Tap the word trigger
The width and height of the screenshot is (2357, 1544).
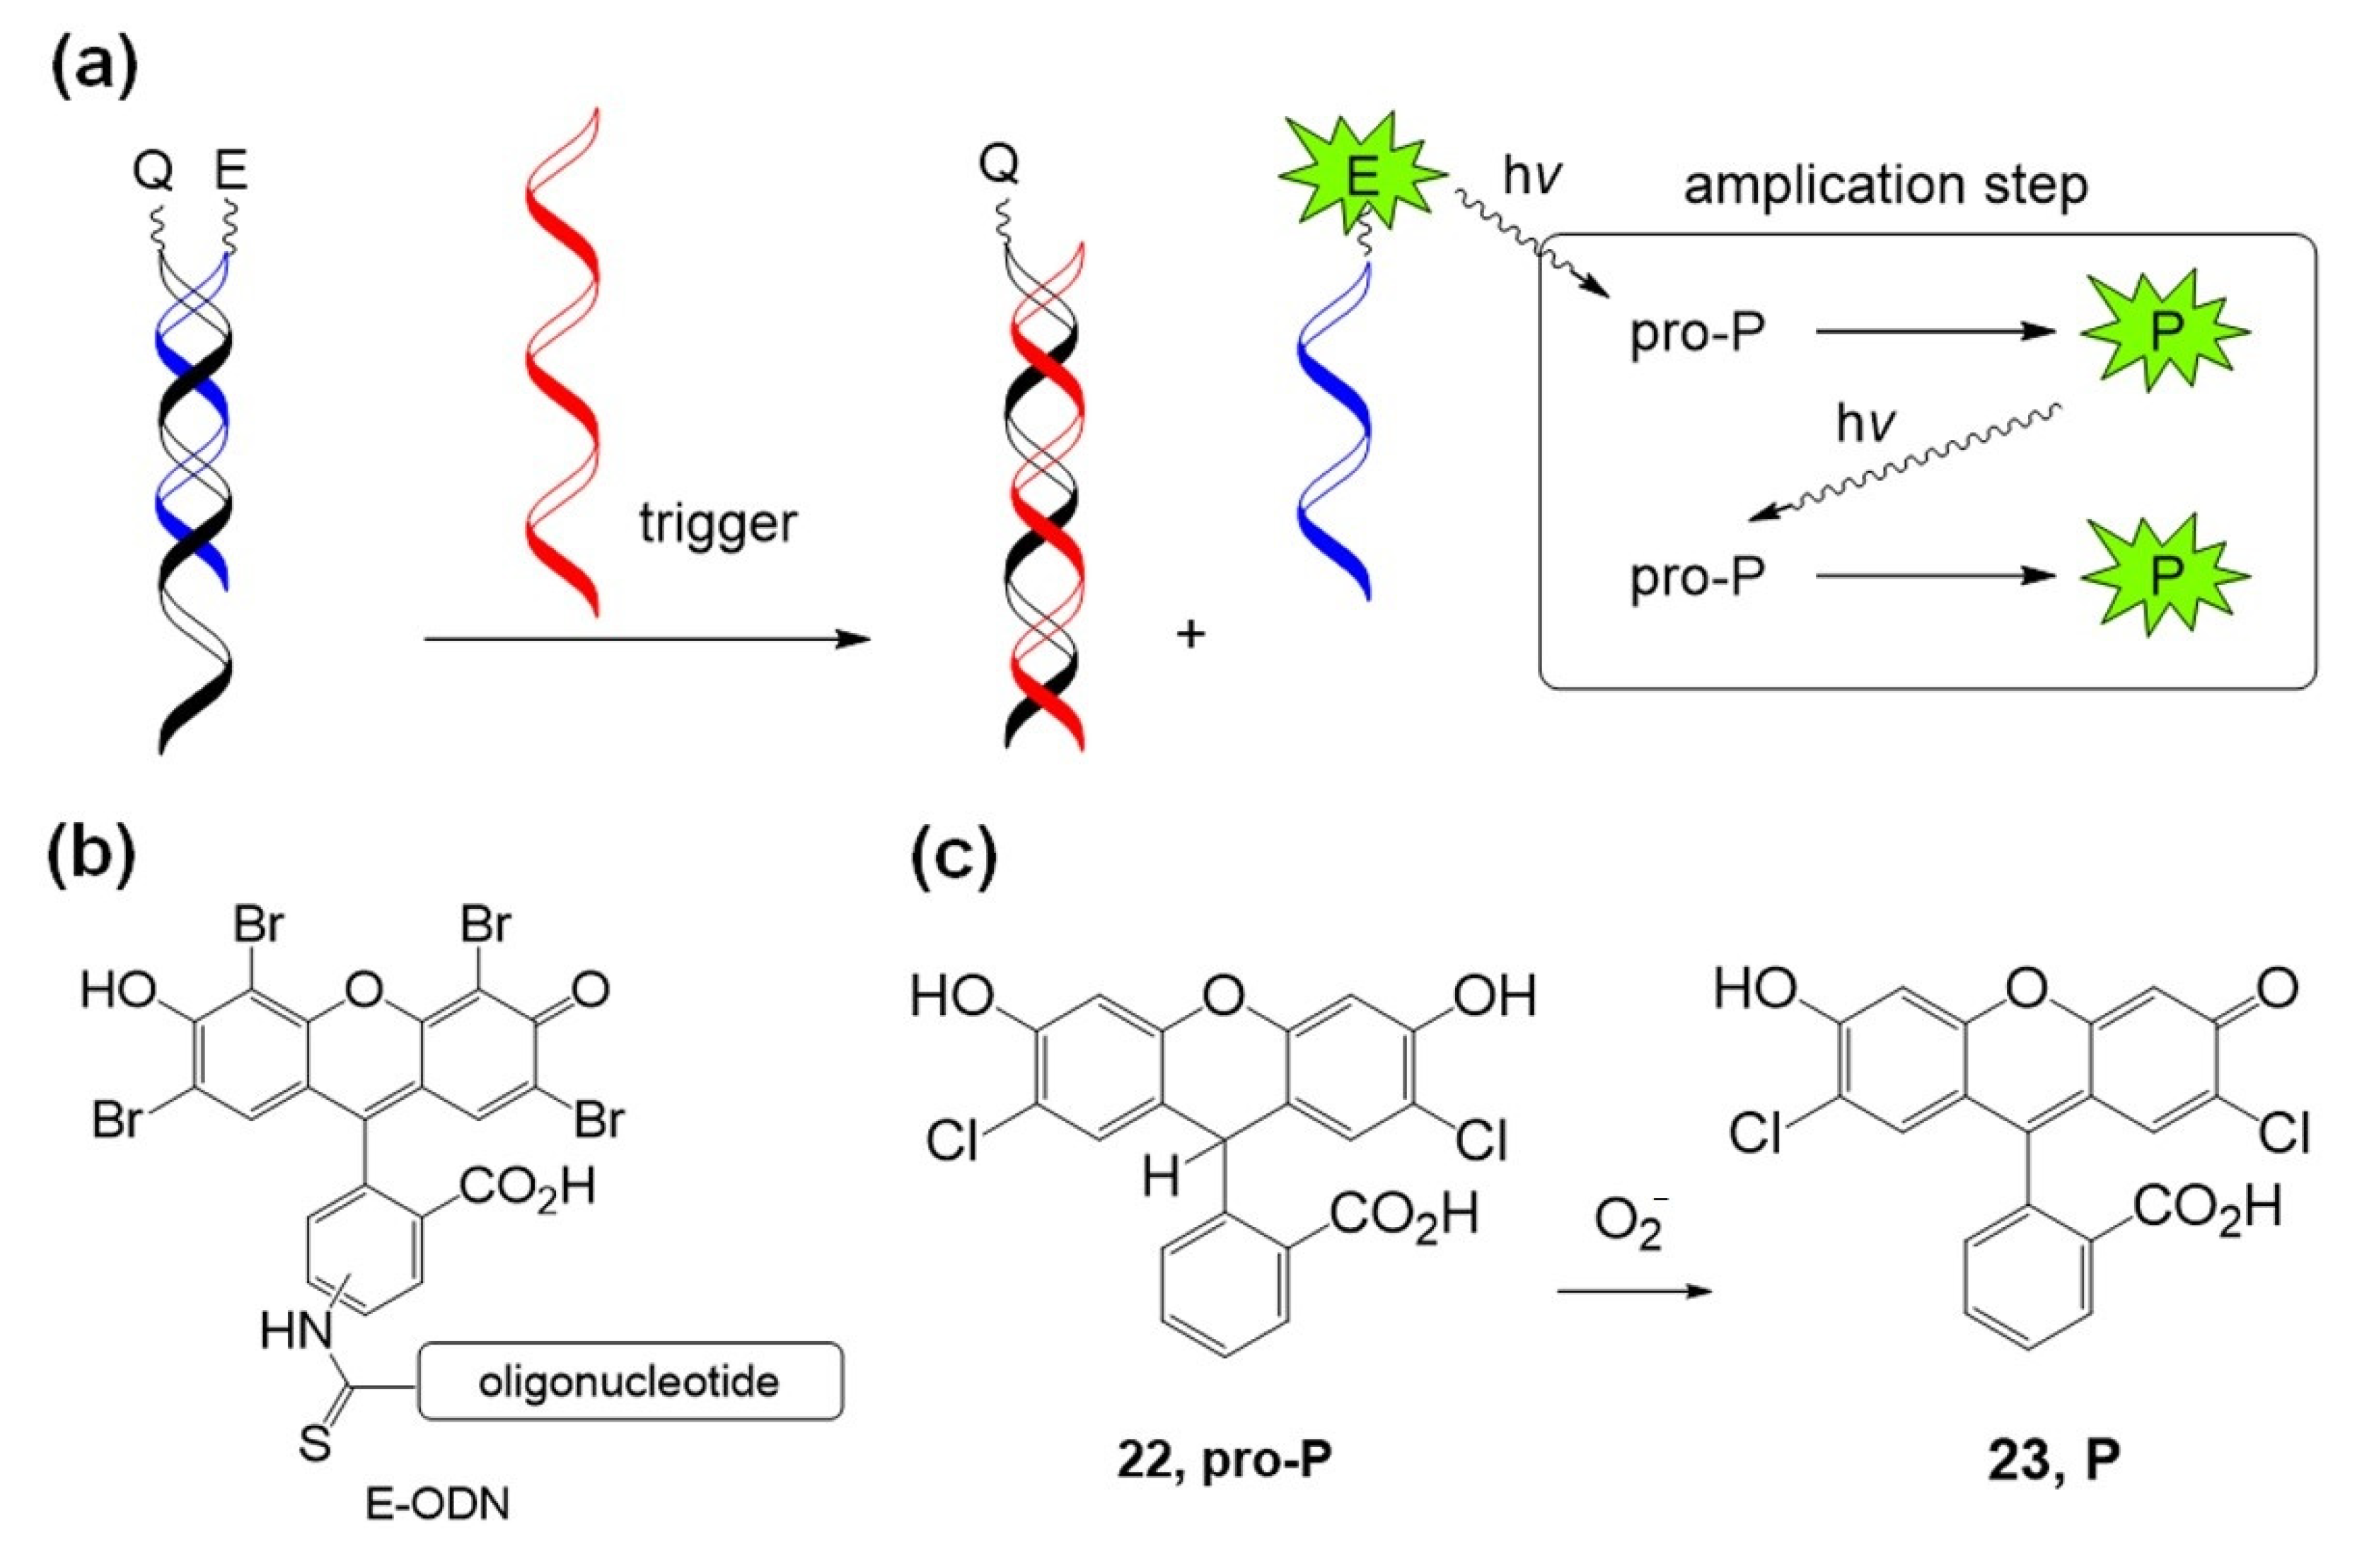(x=717, y=522)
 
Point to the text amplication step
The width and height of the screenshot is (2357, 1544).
(x=1886, y=186)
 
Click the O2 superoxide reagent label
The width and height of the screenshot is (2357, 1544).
(x=1631, y=1225)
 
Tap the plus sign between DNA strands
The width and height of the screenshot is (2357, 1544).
(x=1191, y=634)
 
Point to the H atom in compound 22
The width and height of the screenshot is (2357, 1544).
(x=1162, y=1178)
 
